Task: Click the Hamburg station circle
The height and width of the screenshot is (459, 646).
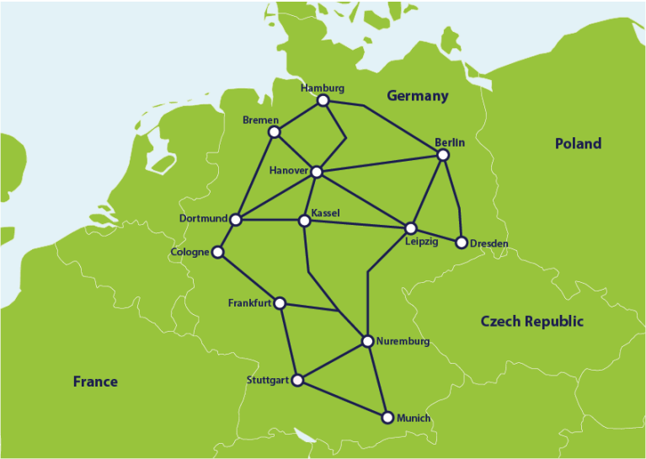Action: click(323, 101)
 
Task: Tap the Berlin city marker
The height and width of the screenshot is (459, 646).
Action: click(444, 155)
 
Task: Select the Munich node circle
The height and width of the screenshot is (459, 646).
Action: click(387, 417)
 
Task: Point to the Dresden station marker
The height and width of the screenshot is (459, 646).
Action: click(462, 243)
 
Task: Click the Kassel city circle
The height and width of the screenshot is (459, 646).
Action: click(304, 221)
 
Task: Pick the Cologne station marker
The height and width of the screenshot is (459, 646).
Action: click(218, 252)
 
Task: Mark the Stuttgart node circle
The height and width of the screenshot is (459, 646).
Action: click(296, 380)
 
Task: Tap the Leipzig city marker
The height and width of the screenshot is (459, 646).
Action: click(411, 228)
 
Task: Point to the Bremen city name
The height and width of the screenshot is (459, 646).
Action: click(260, 120)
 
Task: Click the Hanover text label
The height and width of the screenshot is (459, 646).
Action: click(289, 171)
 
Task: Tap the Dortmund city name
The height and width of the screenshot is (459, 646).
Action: click(203, 218)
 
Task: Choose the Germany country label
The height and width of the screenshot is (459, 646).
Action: click(417, 96)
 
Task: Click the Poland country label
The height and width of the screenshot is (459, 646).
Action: click(578, 143)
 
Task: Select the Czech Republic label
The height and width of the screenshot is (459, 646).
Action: click(531, 321)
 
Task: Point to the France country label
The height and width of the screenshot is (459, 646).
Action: click(95, 382)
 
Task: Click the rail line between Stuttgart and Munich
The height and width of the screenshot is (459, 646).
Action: click(342, 398)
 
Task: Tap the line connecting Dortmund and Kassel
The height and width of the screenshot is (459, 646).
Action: click(270, 221)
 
